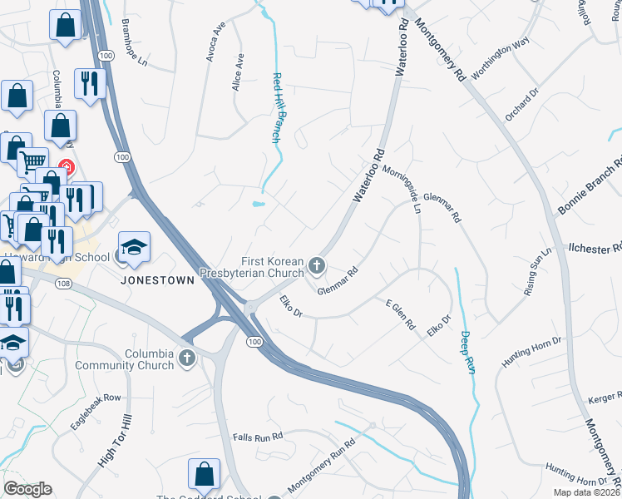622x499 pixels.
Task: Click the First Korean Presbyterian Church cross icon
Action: [x=316, y=266]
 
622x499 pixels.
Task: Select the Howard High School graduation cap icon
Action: [x=134, y=247]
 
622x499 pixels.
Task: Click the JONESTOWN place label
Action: [x=157, y=280]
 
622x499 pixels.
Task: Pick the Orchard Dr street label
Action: [x=521, y=101]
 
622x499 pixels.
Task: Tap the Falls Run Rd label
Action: [x=258, y=436]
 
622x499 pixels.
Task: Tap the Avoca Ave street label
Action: [x=216, y=42]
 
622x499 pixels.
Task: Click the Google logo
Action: [x=27, y=489]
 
